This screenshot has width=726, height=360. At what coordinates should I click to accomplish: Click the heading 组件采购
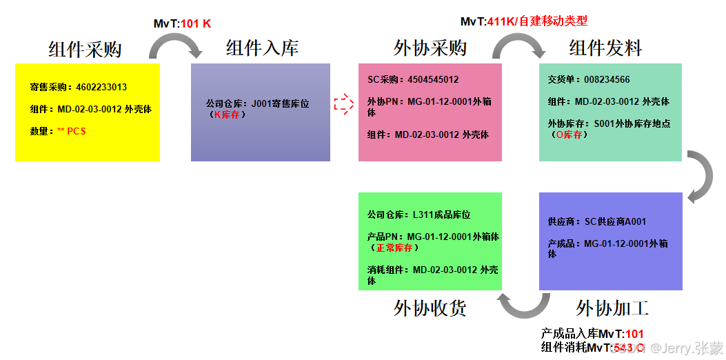[x=85, y=50]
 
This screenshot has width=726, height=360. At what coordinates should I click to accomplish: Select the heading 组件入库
[x=262, y=48]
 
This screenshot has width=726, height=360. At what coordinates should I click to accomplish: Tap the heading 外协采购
[x=430, y=48]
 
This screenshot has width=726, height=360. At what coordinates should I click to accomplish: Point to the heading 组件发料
[x=605, y=48]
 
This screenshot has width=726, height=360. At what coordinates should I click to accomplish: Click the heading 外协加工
[x=612, y=308]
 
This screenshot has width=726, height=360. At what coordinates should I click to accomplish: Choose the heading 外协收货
[x=430, y=308]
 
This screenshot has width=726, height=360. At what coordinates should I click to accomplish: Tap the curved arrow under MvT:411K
[x=518, y=46]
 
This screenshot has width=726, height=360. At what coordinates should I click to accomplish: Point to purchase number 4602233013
[x=101, y=88]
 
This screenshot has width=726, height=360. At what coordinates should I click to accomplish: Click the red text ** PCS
[x=72, y=131]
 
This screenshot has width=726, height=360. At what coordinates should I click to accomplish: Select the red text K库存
[x=227, y=114]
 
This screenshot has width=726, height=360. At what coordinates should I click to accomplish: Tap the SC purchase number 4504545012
[x=433, y=80]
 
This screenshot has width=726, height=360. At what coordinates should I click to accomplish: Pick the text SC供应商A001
[x=616, y=222]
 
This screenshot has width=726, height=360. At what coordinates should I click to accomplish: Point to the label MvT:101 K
[x=182, y=23]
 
